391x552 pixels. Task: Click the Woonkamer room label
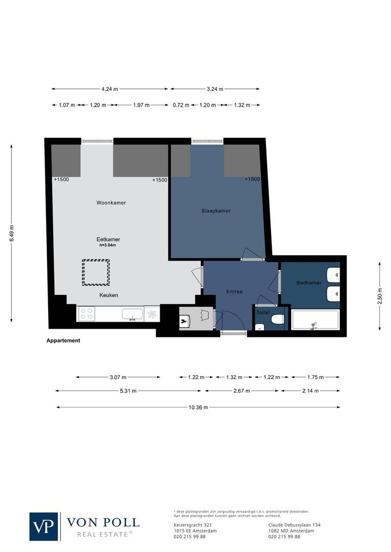click(111, 203)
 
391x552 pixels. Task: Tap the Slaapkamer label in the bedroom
click(215, 211)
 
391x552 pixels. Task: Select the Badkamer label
click(309, 283)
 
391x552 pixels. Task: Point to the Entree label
click(234, 291)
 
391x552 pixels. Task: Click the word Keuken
click(108, 295)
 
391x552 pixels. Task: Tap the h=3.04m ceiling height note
click(107, 245)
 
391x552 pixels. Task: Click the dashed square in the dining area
click(96, 272)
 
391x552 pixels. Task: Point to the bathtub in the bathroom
click(315, 320)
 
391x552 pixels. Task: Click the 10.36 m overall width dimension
click(198, 407)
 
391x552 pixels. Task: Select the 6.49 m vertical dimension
click(11, 234)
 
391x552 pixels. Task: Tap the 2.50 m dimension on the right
click(379, 296)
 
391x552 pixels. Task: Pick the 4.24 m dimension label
click(110, 89)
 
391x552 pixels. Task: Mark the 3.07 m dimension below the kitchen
click(118, 378)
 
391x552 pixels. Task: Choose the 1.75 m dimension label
click(315, 378)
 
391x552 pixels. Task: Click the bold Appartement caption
click(63, 340)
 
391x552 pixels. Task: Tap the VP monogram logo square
click(44, 526)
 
